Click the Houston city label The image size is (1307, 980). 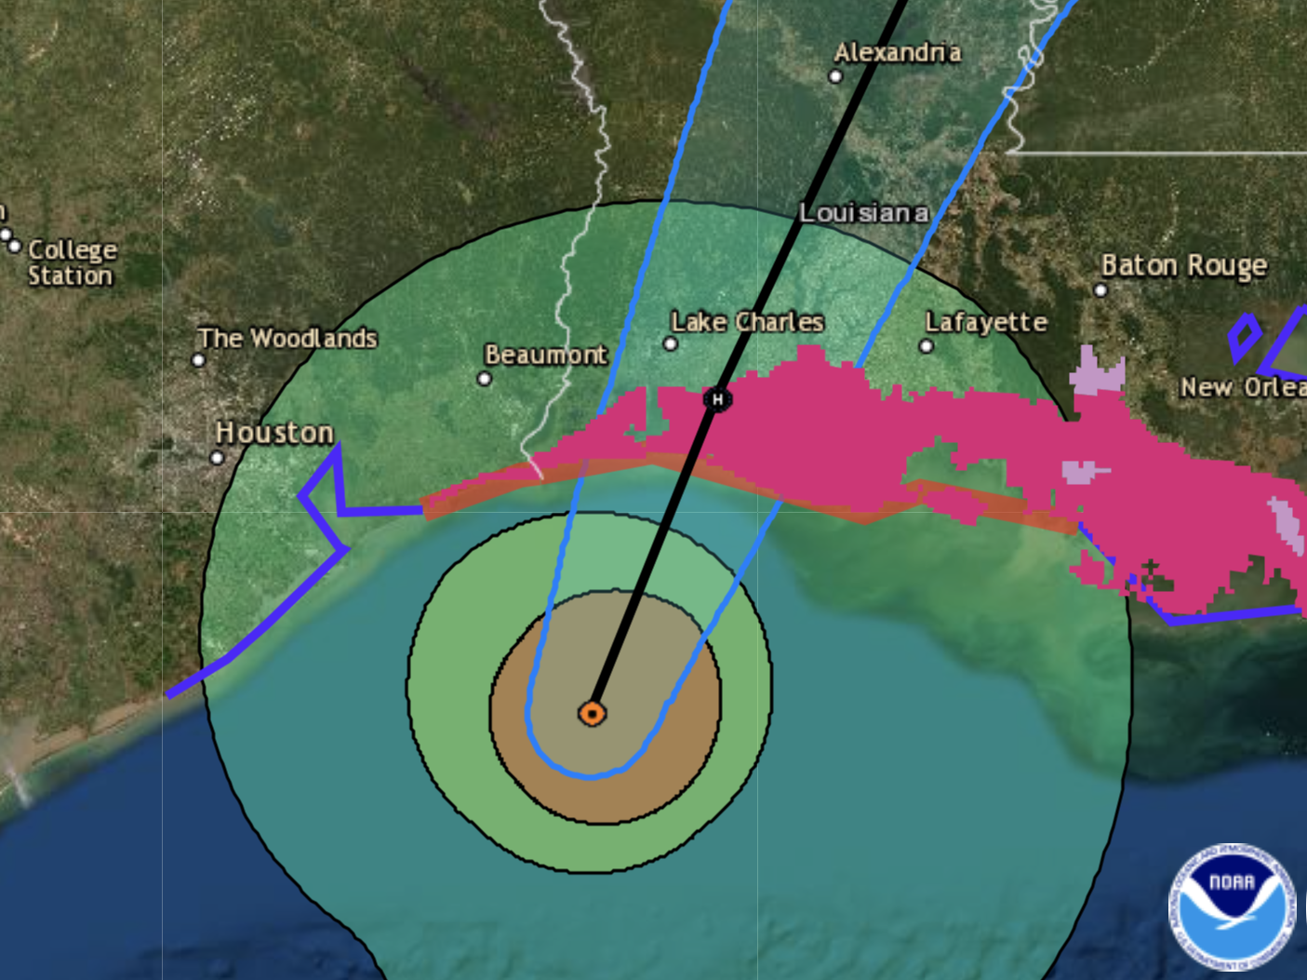tap(274, 433)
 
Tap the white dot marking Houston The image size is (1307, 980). tap(217, 458)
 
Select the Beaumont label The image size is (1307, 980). tap(545, 355)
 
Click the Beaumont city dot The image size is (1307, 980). tap(484, 379)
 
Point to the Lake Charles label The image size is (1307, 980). tap(747, 322)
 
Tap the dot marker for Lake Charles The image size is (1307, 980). tap(670, 344)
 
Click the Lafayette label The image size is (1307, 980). tap(986, 322)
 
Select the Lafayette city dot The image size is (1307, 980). tap(926, 346)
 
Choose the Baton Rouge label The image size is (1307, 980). tap(1183, 266)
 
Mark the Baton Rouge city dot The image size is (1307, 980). tap(1100, 290)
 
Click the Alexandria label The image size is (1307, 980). tap(898, 52)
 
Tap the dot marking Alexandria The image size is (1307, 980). tap(835, 77)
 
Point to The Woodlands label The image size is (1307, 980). tap(287, 338)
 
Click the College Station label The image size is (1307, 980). tap(72, 262)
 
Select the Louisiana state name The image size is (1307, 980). tap(863, 213)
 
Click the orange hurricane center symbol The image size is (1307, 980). tap(593, 714)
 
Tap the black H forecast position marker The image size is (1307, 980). tap(717, 399)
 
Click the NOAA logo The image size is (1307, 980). tap(1232, 906)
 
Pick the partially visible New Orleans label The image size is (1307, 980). tap(1243, 387)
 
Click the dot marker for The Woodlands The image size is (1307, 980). tap(198, 360)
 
